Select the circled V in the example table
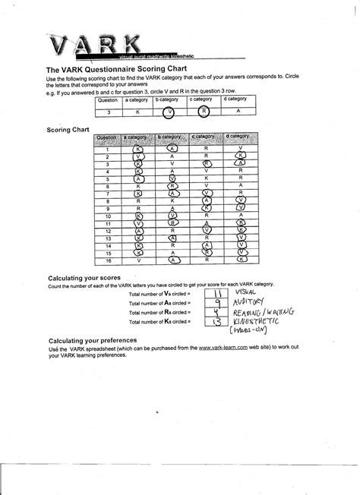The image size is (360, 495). [171, 111]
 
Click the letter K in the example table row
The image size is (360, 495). [137, 111]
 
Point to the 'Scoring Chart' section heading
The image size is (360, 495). [68, 129]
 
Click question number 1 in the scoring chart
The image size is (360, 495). [107, 149]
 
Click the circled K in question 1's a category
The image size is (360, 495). [138, 149]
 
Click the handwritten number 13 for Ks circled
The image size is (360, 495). [217, 323]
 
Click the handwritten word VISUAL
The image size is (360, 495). [250, 292]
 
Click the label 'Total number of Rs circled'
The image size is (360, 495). [159, 313]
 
